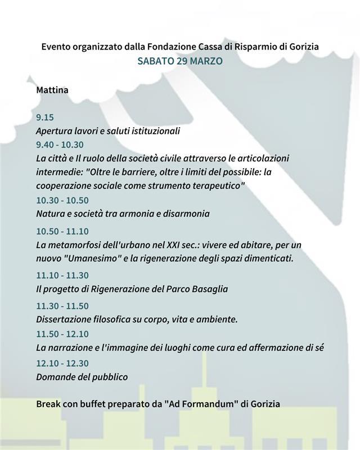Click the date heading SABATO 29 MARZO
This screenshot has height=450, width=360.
point(180,61)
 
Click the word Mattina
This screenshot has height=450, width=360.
point(52,89)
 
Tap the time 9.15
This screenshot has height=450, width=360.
point(44,118)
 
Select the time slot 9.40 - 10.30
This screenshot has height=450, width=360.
point(59,145)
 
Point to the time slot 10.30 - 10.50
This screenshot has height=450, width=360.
point(62,200)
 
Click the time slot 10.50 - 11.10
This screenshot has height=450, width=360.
point(62,231)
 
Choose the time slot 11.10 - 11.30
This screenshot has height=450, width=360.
point(62,275)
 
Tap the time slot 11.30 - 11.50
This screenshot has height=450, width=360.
point(62,306)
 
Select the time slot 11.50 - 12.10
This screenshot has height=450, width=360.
point(62,334)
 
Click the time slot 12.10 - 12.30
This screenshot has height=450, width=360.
point(62,363)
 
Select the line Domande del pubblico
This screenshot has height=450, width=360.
point(82,377)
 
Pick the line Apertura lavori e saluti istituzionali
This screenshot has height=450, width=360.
point(107,131)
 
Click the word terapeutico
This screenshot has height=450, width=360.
point(217,186)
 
